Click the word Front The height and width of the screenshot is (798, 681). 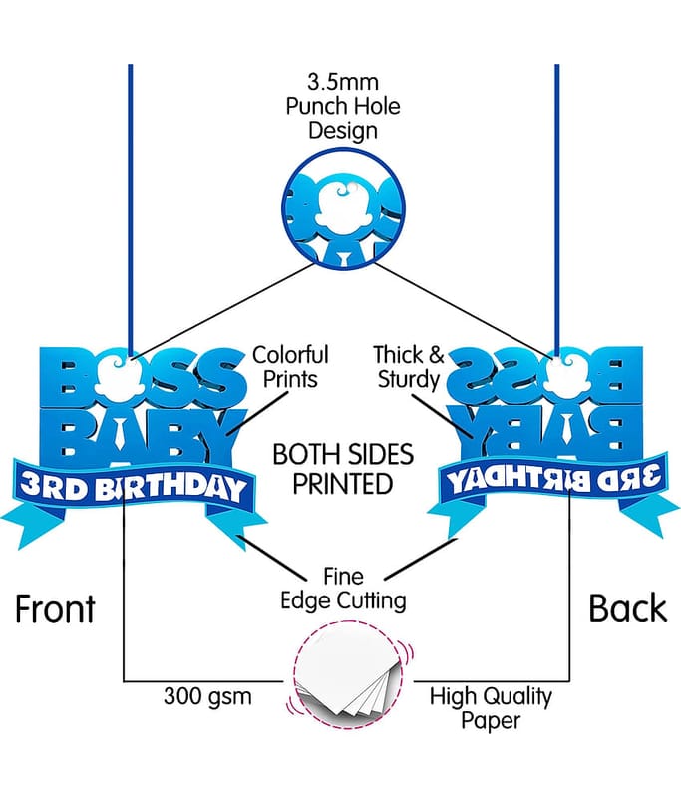pos(55,608)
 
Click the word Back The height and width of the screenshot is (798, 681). pos(627,608)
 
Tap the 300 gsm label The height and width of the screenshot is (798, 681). pos(207,696)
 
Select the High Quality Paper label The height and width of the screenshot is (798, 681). pos(491,708)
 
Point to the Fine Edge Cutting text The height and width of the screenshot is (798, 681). pos(343,589)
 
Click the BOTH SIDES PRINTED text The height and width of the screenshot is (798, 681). pos(343,469)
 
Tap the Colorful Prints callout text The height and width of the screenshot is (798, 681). pos(290,367)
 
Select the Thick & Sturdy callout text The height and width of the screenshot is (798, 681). pos(409,367)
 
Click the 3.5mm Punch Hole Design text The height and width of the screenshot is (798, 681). pos(343,106)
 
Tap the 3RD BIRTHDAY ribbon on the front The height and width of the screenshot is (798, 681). pos(134,487)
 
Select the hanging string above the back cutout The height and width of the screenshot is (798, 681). pos(557,209)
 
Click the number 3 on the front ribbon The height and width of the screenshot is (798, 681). pos(32,484)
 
